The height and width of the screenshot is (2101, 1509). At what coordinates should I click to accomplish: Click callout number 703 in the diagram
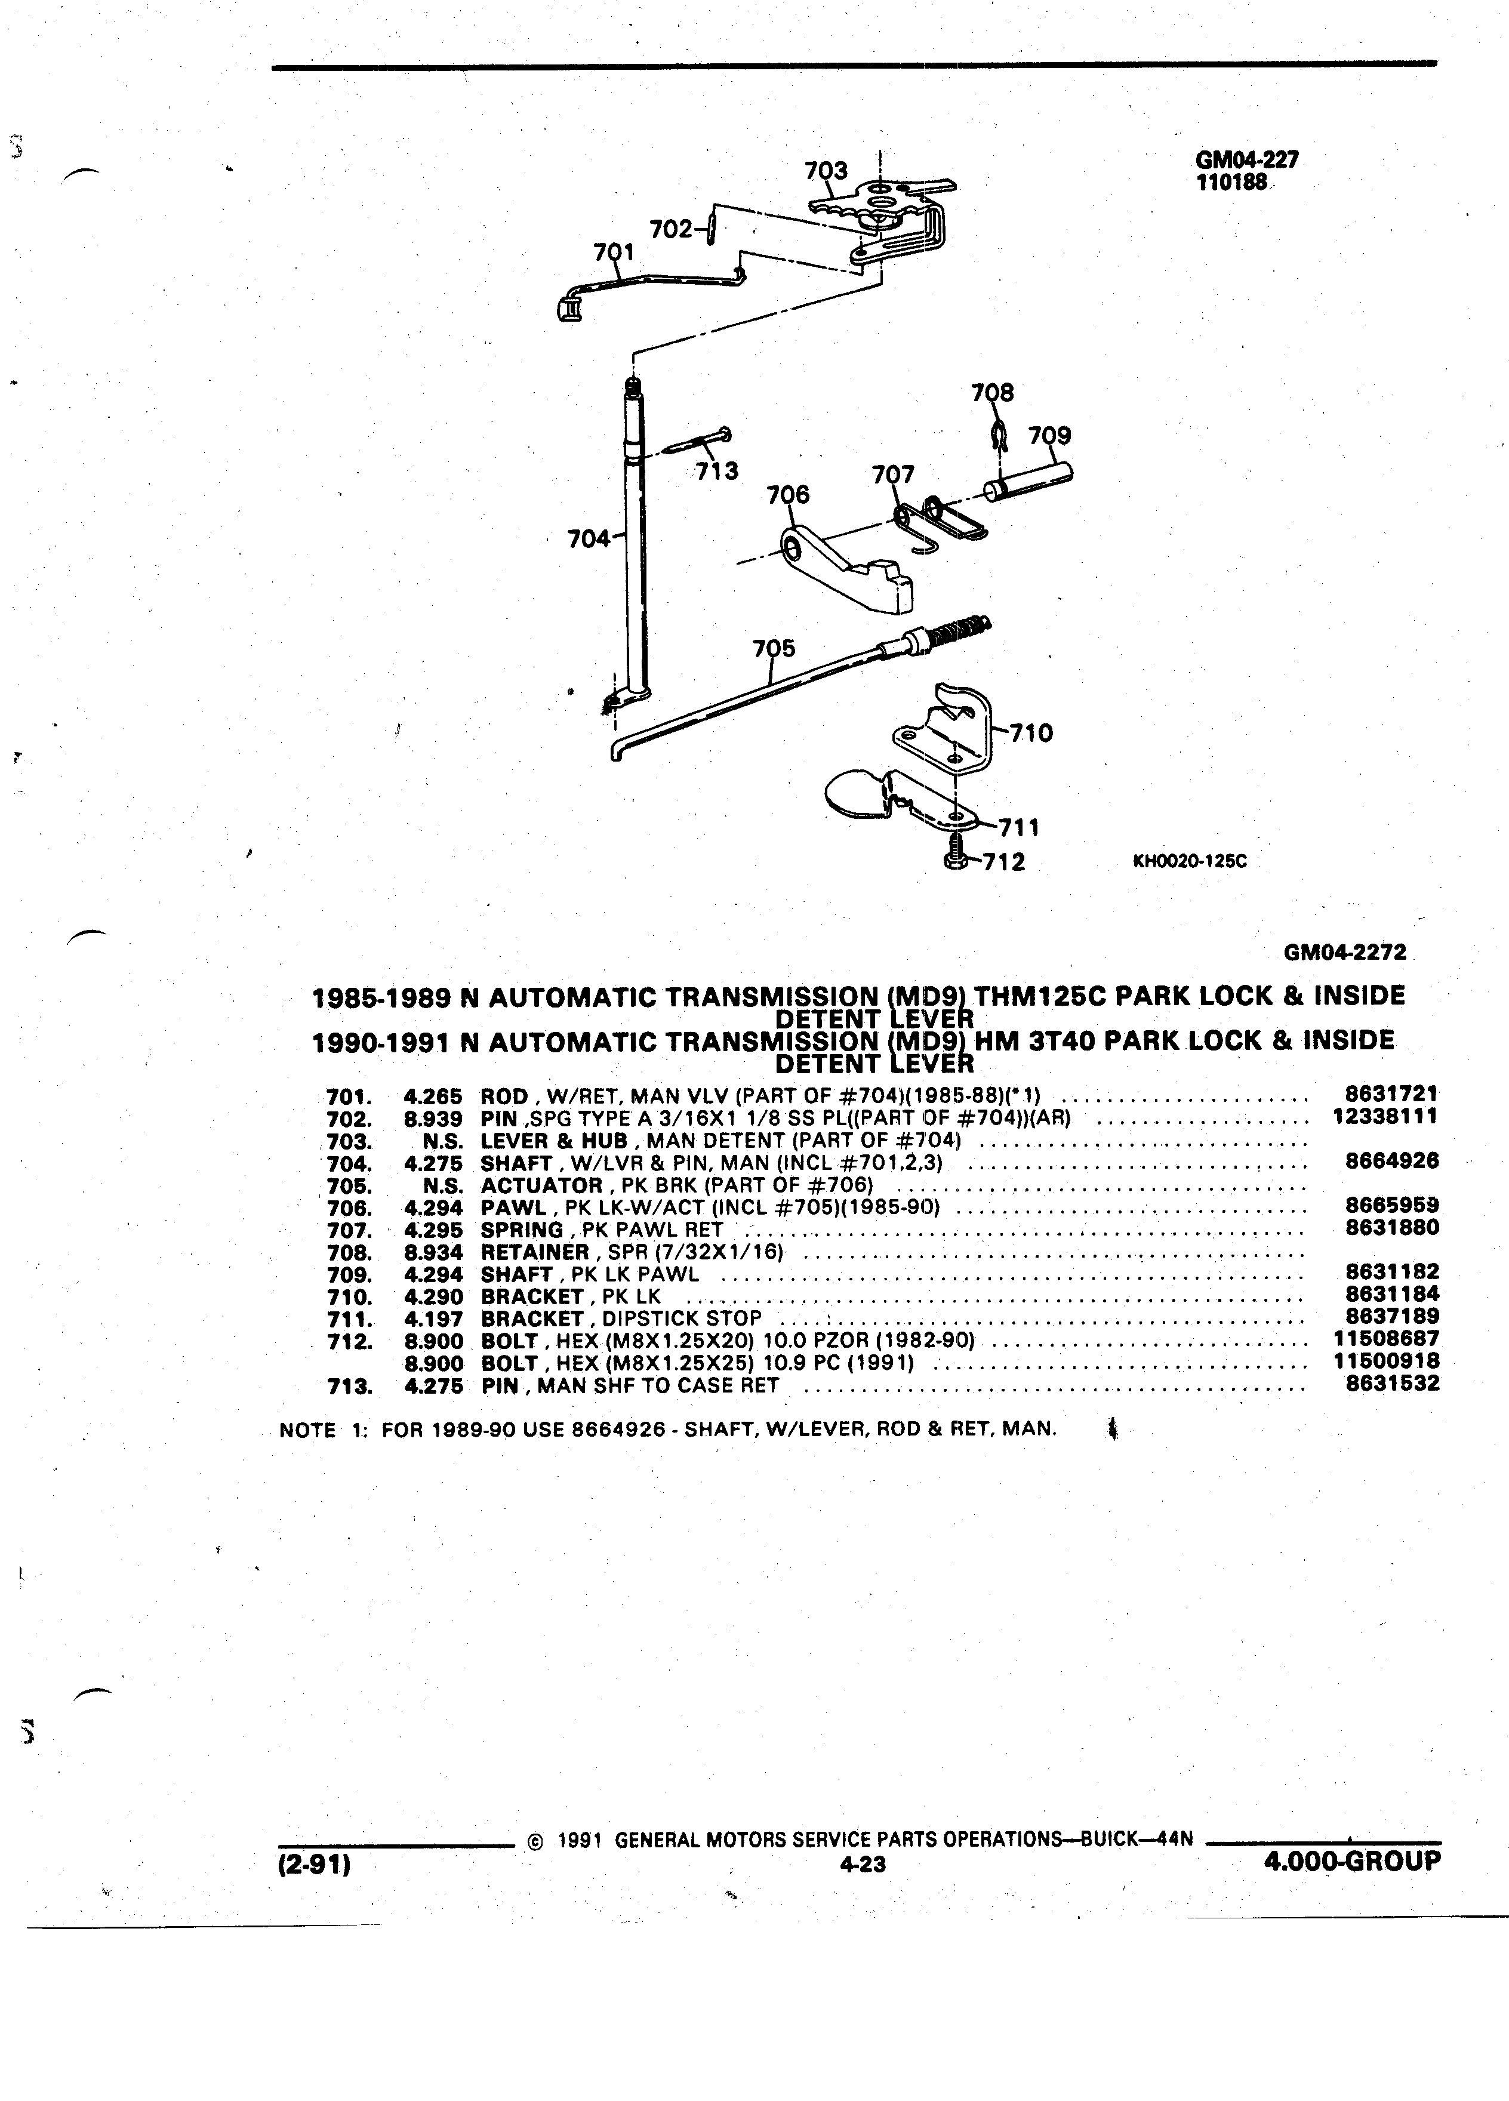point(826,171)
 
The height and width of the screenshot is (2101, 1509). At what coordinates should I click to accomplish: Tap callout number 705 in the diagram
point(774,648)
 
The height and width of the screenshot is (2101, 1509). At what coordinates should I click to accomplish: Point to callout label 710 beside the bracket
point(1031,734)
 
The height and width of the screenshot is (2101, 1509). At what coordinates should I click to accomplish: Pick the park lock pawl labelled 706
point(845,569)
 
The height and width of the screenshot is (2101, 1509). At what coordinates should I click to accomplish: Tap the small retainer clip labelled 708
point(997,433)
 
